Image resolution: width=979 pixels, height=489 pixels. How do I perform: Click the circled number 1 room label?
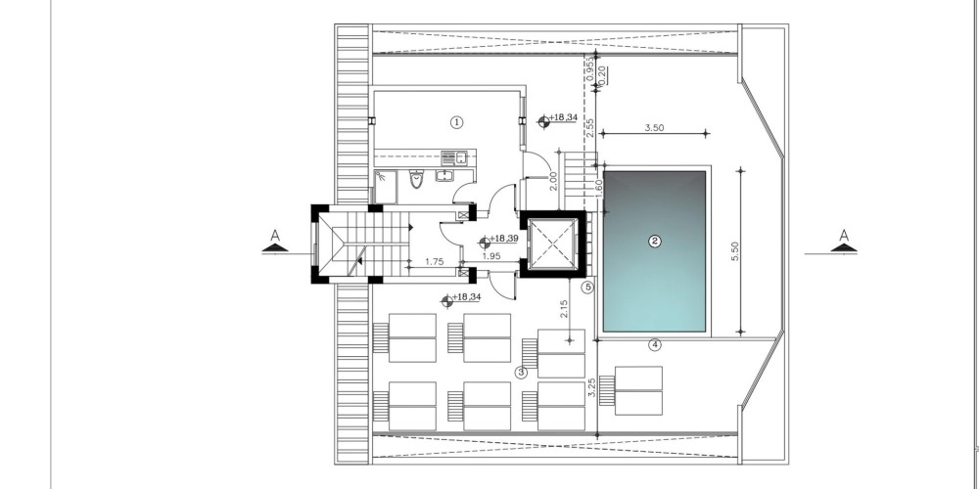[x=456, y=122]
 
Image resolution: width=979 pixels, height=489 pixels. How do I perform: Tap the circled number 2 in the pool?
[x=654, y=242]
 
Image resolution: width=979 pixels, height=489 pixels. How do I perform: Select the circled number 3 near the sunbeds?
[x=521, y=373]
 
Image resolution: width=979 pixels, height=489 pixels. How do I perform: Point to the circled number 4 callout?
[x=654, y=345]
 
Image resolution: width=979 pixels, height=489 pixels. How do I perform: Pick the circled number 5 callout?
[x=586, y=288]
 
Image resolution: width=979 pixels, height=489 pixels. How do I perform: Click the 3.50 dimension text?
[x=654, y=128]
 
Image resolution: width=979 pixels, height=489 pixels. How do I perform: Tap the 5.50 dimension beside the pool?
[x=735, y=250]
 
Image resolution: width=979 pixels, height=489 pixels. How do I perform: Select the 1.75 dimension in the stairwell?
[x=434, y=262]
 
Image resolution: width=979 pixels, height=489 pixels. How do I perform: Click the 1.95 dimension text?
[x=491, y=255]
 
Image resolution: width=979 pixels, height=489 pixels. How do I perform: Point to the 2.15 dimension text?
[x=564, y=309]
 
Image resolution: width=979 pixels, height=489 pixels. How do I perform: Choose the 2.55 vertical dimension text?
[x=589, y=128]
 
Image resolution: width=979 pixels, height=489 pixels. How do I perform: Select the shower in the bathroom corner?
[x=385, y=187]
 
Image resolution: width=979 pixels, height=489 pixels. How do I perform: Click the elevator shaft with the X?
[x=552, y=244]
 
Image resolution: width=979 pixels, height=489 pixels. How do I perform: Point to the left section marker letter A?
[x=275, y=236]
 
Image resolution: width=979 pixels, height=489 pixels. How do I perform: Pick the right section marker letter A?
[x=844, y=236]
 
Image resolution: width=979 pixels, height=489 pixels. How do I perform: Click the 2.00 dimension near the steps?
[x=553, y=181]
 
